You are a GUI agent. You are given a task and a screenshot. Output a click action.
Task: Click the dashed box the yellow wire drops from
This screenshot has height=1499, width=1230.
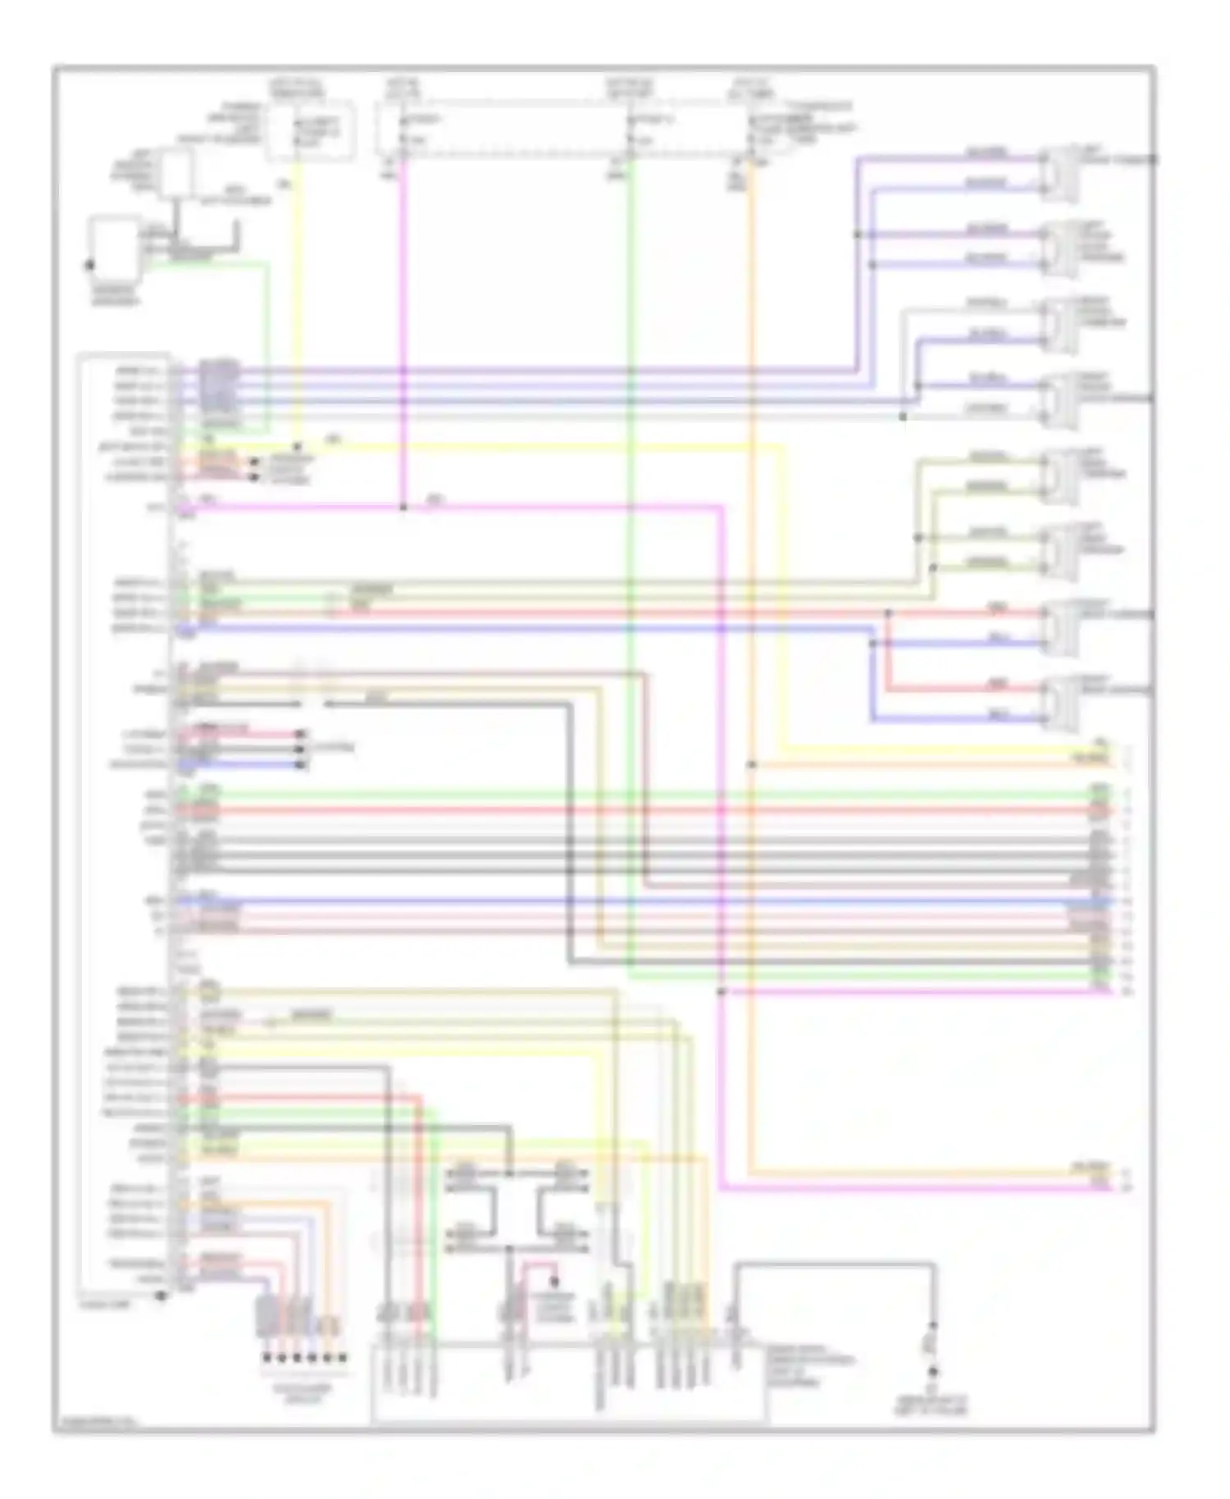coord(310,130)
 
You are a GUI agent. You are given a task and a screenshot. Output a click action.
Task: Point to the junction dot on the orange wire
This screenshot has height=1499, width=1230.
coord(750,765)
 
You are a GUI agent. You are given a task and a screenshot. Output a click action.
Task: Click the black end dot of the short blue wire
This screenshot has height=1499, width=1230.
coord(304,765)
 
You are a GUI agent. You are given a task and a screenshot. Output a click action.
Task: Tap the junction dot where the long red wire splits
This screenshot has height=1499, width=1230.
coord(888,613)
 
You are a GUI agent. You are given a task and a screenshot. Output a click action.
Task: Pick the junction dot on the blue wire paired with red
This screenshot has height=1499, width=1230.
coord(872,644)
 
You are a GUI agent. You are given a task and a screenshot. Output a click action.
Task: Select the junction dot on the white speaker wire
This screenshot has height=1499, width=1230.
coord(903,417)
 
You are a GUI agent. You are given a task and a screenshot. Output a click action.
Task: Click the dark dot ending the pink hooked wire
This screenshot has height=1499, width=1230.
coord(554,1281)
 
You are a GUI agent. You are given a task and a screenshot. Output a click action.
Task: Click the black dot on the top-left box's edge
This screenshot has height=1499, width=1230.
coord(89,266)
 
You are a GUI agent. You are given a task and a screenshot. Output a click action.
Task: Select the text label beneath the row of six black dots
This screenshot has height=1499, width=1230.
coord(304,1393)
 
